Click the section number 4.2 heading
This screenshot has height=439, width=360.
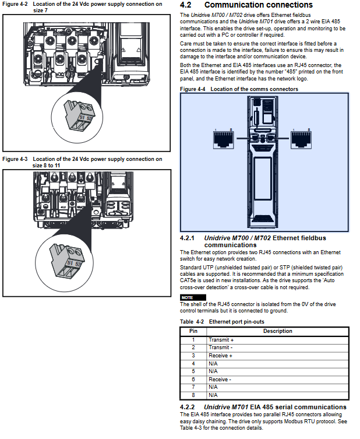(x=185, y=5)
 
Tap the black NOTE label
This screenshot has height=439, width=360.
(x=193, y=297)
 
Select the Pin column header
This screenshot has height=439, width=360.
(x=193, y=331)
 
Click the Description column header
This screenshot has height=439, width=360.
(x=277, y=331)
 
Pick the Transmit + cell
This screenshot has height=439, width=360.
(x=221, y=340)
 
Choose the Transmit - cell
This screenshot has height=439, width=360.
(x=220, y=347)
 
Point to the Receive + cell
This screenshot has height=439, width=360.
(x=220, y=356)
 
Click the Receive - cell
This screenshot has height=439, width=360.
(x=220, y=380)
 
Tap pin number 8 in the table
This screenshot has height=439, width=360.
(x=193, y=395)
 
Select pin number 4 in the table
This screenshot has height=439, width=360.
(x=193, y=364)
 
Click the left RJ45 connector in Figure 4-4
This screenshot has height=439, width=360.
(x=224, y=139)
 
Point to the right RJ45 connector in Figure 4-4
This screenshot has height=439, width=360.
(x=301, y=139)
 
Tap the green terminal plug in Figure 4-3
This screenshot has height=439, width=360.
(x=66, y=261)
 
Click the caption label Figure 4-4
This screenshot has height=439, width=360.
(x=192, y=89)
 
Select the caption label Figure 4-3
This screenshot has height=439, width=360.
(x=15, y=159)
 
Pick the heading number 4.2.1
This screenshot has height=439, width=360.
(x=187, y=238)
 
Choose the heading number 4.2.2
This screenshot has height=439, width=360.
(x=187, y=407)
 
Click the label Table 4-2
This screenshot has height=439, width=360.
(x=192, y=321)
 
